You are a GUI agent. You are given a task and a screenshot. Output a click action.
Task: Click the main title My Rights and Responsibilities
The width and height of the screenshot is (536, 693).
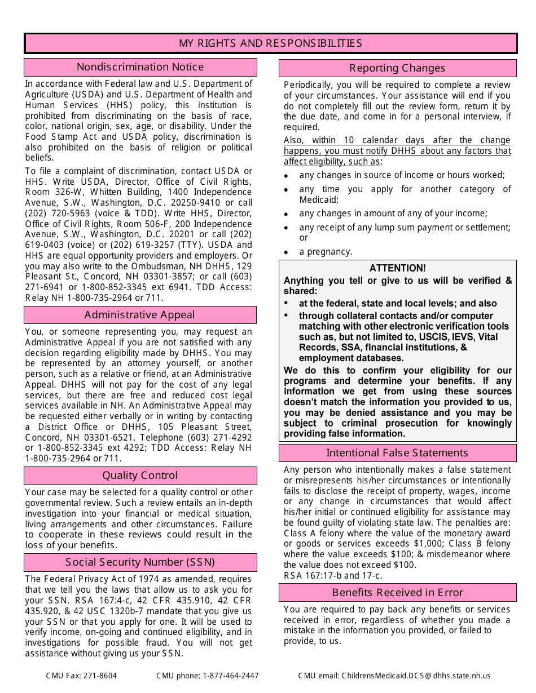coord(270,43)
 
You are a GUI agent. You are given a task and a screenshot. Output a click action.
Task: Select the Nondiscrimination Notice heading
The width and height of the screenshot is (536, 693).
coord(140,67)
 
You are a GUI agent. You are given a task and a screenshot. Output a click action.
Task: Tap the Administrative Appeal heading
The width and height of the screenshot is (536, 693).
coord(139,315)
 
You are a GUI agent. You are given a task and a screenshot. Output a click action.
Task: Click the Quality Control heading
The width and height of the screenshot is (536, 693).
coord(139,476)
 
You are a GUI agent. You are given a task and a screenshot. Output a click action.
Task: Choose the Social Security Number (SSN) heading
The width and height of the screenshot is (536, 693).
coord(139,562)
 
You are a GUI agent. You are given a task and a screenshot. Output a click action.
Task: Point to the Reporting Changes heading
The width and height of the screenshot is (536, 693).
coord(397,68)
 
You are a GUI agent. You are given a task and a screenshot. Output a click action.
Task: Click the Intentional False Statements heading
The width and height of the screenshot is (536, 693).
coord(397,453)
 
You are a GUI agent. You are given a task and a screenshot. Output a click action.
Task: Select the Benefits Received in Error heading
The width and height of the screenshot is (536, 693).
coord(397,593)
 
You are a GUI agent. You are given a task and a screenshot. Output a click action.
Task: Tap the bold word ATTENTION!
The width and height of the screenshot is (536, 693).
coord(398,268)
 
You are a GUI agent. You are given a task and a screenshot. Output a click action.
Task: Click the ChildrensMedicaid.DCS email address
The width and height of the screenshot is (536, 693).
coord(416,676)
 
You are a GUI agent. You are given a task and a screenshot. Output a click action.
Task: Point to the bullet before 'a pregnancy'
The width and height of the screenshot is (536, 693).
coord(287,253)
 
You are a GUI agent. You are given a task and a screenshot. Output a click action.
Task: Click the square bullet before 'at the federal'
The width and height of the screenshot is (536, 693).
coord(287,303)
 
